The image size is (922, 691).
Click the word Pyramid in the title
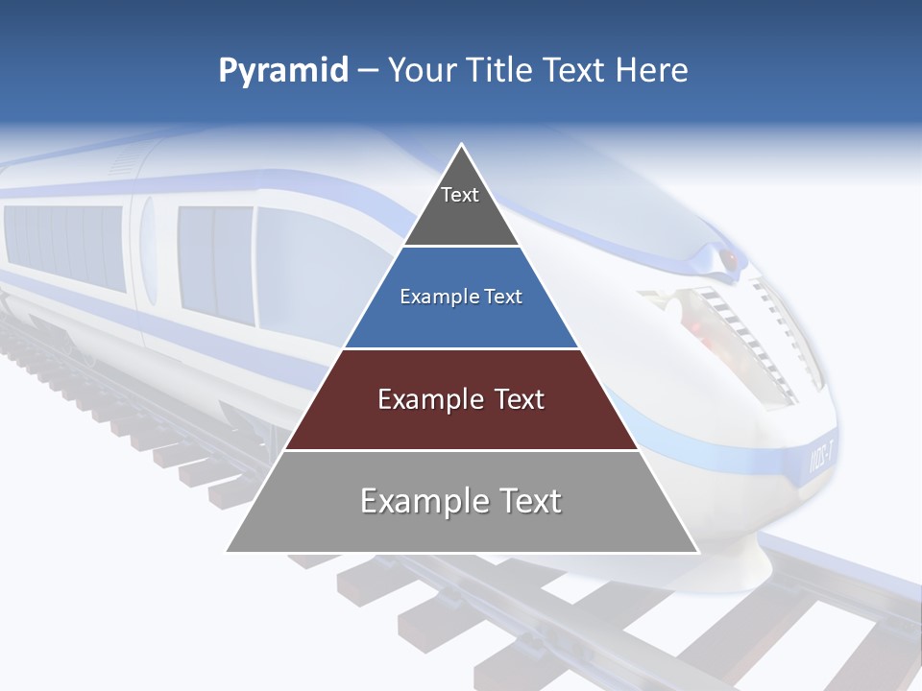(x=282, y=71)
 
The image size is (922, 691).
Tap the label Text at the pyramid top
(x=460, y=195)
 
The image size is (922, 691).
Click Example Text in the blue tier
(x=461, y=297)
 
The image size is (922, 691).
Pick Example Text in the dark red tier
(x=461, y=399)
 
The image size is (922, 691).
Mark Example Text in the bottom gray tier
(x=461, y=501)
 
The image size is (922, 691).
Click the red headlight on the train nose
(x=730, y=259)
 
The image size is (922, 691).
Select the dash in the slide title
(x=368, y=71)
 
